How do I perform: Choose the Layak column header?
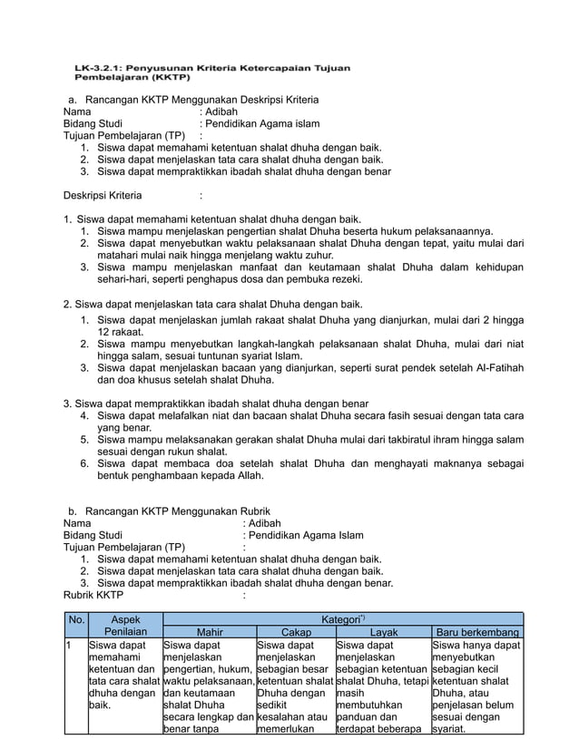pyautogui.click(x=383, y=632)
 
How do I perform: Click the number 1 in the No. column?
pyautogui.click(x=67, y=647)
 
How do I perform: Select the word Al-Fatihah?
pyautogui.click(x=493, y=368)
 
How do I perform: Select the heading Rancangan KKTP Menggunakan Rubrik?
pyautogui.click(x=178, y=511)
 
